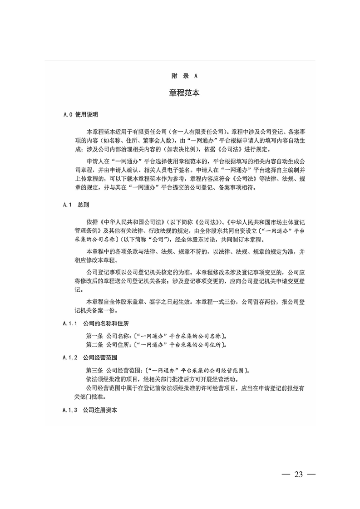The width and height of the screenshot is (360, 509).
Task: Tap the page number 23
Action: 298,475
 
